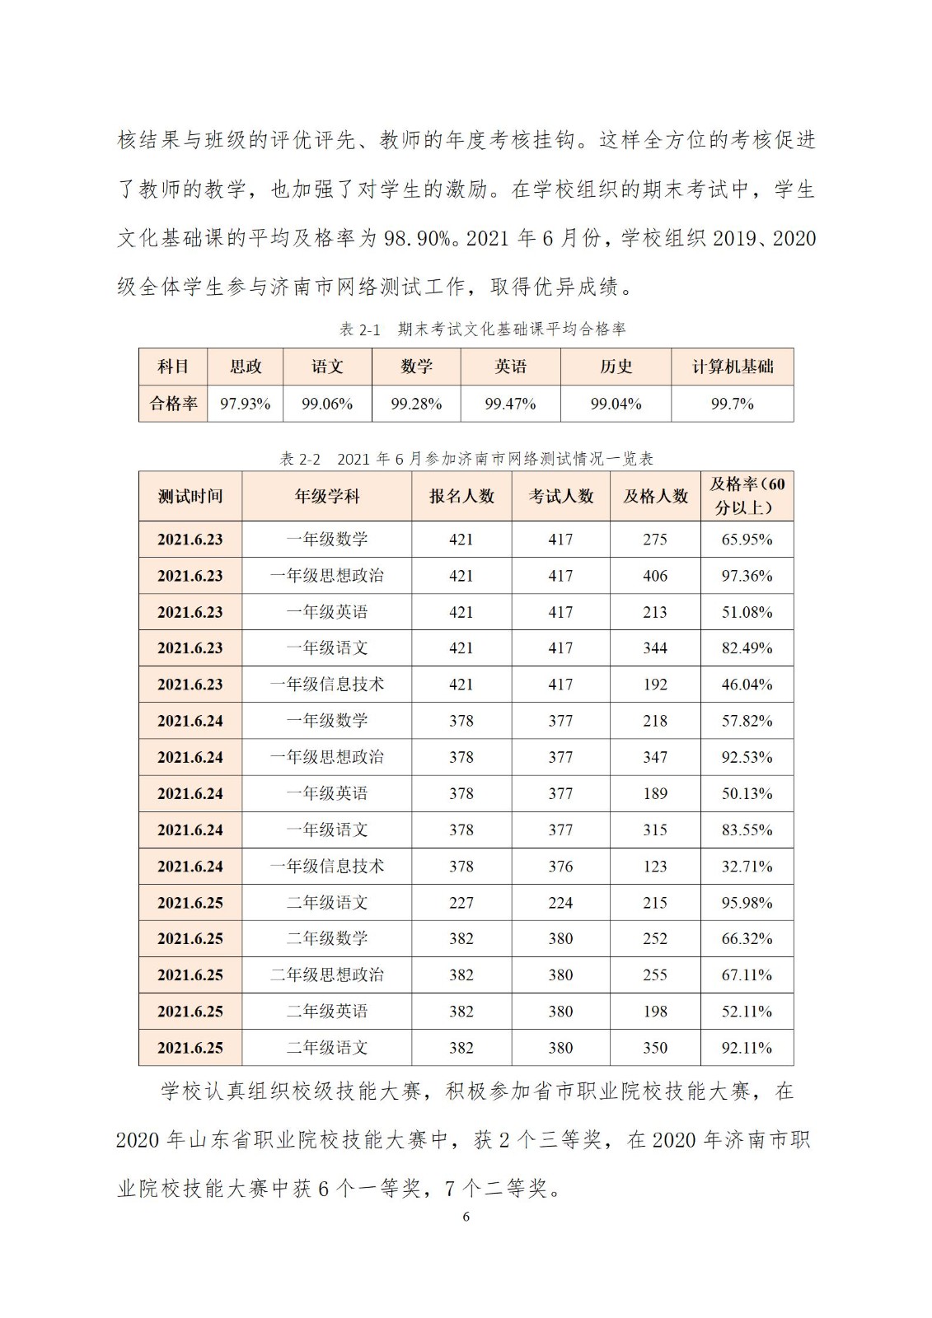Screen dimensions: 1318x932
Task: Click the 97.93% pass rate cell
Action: tap(245, 404)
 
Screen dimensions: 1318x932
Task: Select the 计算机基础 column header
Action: tap(732, 367)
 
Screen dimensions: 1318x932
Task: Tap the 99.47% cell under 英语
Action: tap(510, 404)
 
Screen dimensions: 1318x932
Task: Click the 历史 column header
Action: tap(616, 367)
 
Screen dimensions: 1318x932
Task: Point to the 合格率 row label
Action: tap(173, 404)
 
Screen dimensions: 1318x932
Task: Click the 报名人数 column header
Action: tap(461, 496)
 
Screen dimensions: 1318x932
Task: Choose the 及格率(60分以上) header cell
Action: tap(747, 496)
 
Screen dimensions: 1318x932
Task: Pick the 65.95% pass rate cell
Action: tap(747, 540)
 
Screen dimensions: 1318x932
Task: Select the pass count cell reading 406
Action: tap(655, 576)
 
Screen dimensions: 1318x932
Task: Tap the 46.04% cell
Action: tap(747, 685)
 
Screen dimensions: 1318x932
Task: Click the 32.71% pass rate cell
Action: tap(747, 867)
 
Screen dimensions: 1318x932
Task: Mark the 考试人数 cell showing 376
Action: tap(560, 867)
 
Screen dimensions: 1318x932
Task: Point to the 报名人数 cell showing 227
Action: tap(461, 903)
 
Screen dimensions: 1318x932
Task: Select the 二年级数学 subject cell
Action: tap(327, 939)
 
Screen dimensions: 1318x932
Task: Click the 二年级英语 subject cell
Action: tap(327, 1012)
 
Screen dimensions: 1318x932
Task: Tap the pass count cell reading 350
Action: tap(655, 1048)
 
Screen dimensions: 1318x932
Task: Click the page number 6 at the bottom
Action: tap(466, 1217)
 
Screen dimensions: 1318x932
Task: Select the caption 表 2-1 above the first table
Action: tap(360, 329)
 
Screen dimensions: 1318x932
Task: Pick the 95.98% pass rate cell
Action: tap(747, 903)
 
